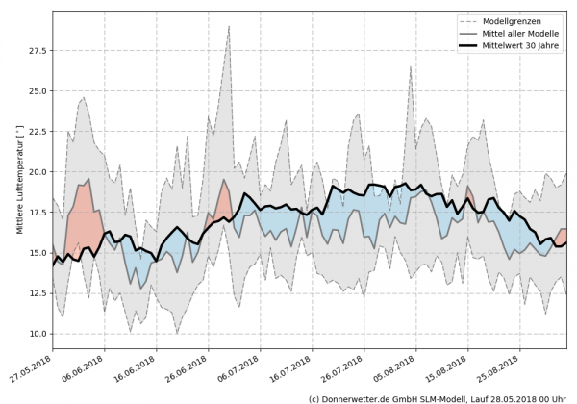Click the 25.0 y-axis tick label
point(37,91)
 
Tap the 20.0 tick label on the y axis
point(37,172)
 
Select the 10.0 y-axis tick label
point(37,334)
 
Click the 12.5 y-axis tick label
point(37,293)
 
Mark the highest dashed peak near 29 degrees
point(229,27)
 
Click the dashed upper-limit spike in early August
point(410,67)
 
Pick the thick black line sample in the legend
point(474,44)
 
